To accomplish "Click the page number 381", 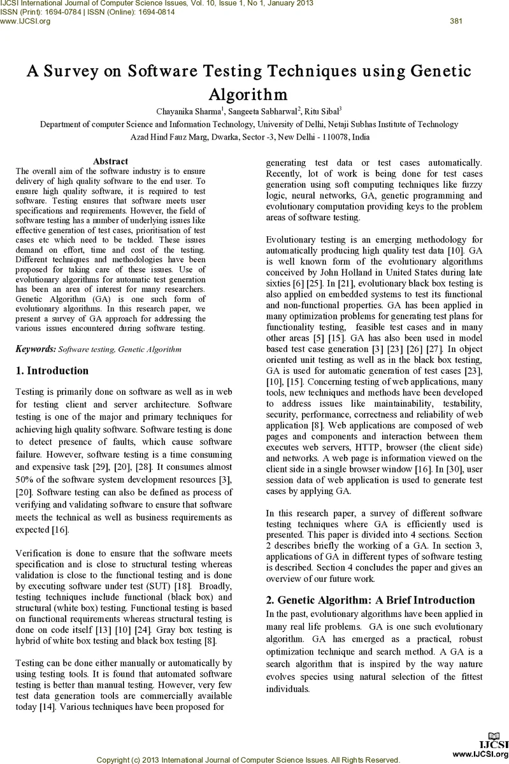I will click(455, 21).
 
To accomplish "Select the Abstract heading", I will click(110, 161).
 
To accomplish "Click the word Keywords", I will click(34, 349).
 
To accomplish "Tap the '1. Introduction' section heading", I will click(52, 371).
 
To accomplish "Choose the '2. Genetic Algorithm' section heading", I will click(370, 600).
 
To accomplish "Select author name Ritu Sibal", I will click(322, 111).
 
